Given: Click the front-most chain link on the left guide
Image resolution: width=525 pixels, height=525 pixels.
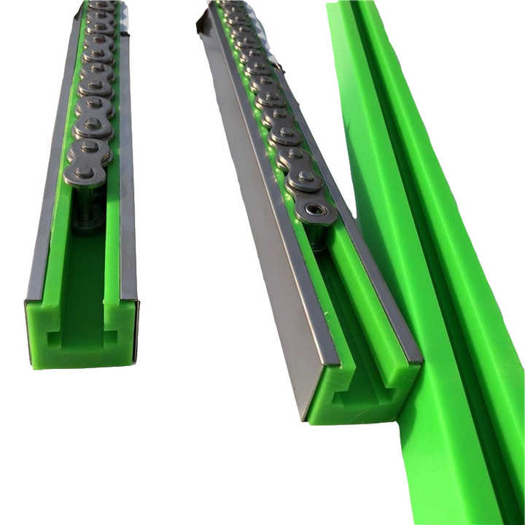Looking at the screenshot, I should click(86, 174).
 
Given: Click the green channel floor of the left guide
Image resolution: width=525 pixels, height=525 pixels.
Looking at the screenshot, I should click(84, 270).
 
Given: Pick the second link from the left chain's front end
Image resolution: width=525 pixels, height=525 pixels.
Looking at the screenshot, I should click(90, 149).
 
